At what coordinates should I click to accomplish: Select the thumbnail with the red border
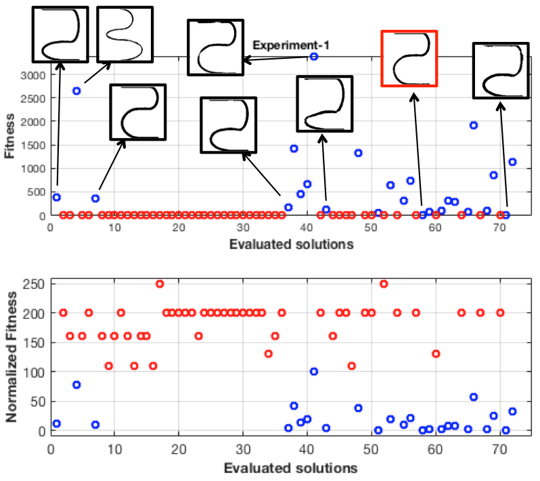tap(409, 58)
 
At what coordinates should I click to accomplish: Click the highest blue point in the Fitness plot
tap(313, 56)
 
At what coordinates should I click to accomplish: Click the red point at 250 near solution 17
tap(160, 283)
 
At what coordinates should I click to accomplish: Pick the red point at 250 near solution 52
tap(384, 283)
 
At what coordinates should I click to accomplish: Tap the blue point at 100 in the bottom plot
tap(313, 371)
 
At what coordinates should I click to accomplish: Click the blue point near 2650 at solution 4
tap(76, 91)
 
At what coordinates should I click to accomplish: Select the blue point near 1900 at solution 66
tap(474, 125)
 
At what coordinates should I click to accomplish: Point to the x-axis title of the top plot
tap(290, 244)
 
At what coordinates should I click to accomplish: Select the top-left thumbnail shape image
tap(61, 34)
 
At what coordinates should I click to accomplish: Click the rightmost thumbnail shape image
tap(499, 71)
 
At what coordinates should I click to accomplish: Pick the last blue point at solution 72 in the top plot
tap(512, 162)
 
